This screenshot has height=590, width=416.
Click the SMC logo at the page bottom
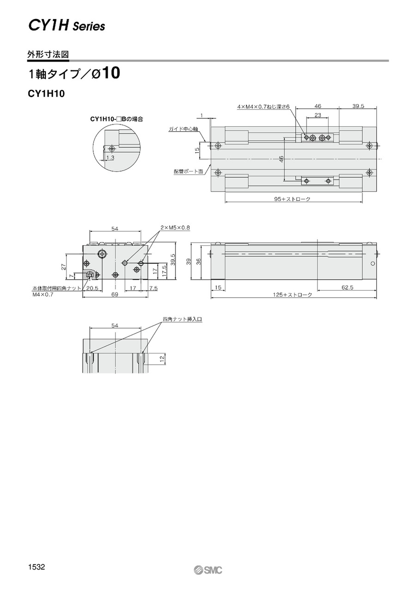pos(208,568)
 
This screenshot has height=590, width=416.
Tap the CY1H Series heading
pos(67,26)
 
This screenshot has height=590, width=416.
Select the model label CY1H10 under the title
pos(46,94)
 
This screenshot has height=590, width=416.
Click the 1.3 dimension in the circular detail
pos(111,158)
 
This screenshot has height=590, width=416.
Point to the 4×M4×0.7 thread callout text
pos(263,107)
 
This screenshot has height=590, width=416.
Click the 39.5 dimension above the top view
pos(358,106)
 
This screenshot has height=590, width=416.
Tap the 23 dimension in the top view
pos(318,115)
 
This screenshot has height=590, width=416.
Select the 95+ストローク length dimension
pos(292,199)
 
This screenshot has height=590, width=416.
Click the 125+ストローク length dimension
pos(292,295)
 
